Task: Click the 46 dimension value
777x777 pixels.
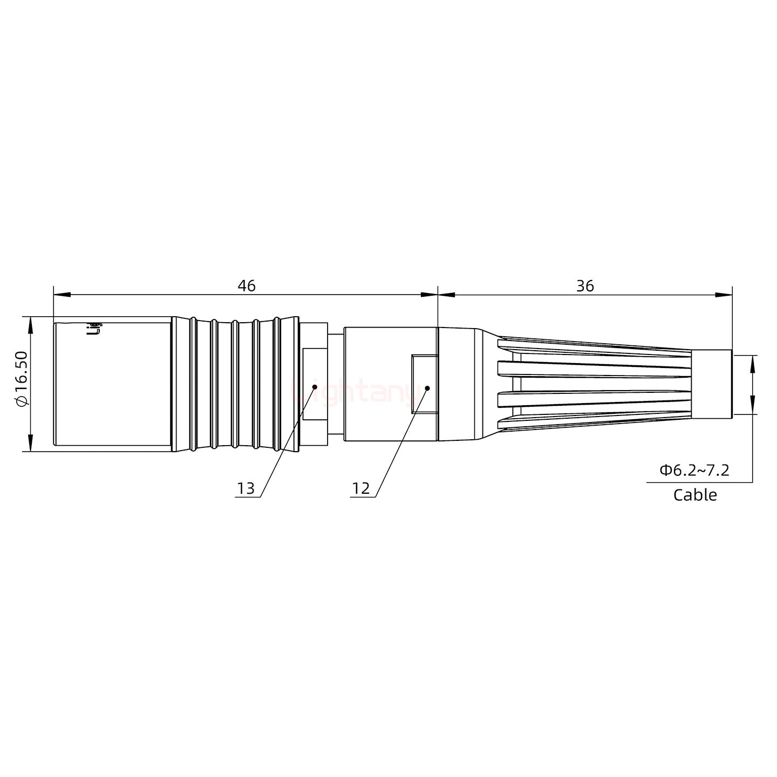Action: point(247,285)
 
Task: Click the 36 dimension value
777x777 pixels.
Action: point(585,285)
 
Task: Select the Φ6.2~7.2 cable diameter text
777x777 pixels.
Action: point(694,470)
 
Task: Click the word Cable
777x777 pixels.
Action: point(695,495)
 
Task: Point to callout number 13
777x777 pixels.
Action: point(246,488)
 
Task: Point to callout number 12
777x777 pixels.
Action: point(361,488)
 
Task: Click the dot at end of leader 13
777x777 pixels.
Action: point(315,386)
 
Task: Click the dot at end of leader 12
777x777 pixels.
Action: point(427,388)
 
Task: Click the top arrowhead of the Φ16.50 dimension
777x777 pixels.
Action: point(30,324)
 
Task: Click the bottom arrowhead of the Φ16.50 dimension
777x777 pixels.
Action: point(30,443)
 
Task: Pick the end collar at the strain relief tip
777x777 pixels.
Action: point(711,384)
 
